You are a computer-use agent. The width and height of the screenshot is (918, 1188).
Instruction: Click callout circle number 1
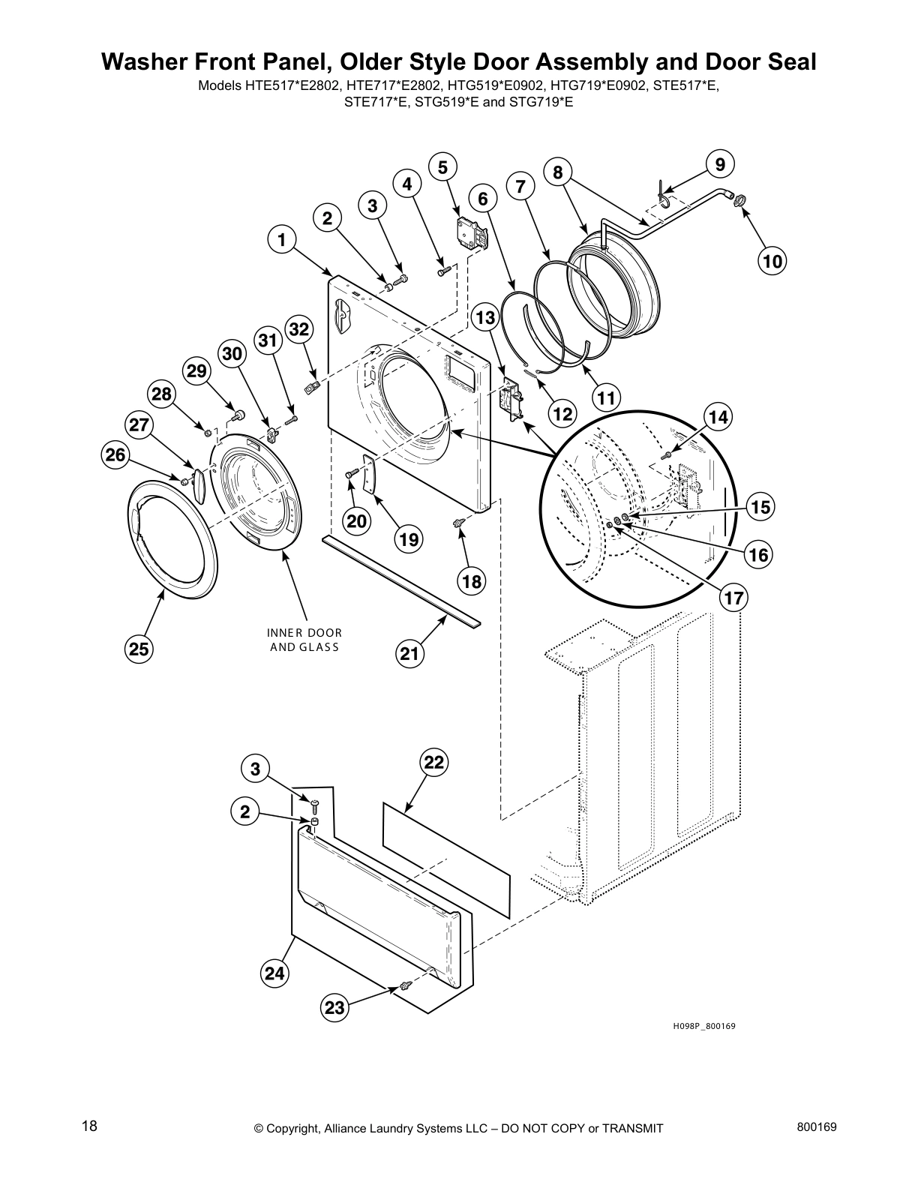[282, 241]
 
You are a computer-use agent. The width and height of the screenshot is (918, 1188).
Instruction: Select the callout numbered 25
[139, 649]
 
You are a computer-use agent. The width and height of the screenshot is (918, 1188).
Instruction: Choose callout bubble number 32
[298, 329]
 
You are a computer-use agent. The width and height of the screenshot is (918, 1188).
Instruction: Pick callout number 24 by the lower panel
[274, 973]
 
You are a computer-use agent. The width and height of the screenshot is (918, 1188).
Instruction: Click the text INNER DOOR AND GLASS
[304, 640]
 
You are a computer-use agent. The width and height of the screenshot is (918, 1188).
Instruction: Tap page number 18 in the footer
[89, 1126]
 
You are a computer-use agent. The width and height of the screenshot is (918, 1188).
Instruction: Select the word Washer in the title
[144, 62]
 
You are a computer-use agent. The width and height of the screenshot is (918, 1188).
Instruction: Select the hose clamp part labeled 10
[739, 200]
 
